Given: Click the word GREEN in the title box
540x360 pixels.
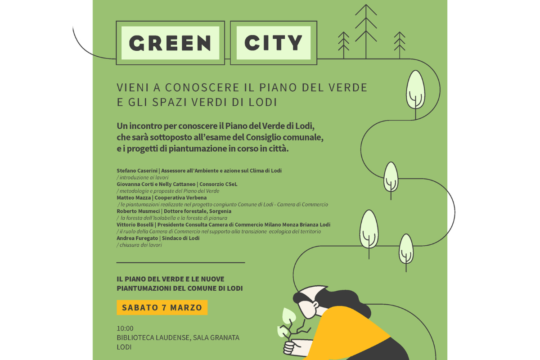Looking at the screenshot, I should click(170, 43).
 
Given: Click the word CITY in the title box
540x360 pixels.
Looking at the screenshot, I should click(273, 43).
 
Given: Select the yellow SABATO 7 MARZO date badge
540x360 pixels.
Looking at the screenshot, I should click(162, 307).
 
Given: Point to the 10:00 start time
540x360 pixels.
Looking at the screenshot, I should click(125, 328).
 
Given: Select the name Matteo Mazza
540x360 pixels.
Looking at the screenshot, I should click(134, 198).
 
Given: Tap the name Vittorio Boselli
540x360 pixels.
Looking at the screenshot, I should click(135, 225).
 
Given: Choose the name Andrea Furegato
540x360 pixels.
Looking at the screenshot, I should click(137, 238).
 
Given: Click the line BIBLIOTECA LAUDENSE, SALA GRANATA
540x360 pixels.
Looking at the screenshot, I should click(178, 337).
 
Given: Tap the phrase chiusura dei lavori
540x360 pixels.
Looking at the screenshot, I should click(140, 245).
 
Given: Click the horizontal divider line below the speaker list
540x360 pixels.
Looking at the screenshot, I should click(180, 262).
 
